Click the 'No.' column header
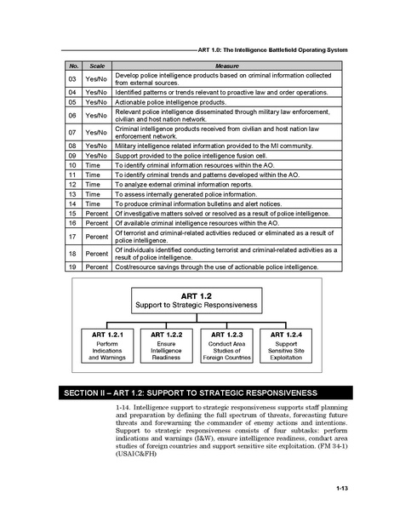(x=73, y=65)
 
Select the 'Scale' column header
(x=97, y=65)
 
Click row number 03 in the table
(x=73, y=79)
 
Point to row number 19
(x=73, y=267)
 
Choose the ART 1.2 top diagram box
(x=197, y=301)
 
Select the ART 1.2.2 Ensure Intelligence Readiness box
(x=166, y=347)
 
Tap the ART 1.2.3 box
(x=226, y=347)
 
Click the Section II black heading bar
(x=197, y=393)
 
